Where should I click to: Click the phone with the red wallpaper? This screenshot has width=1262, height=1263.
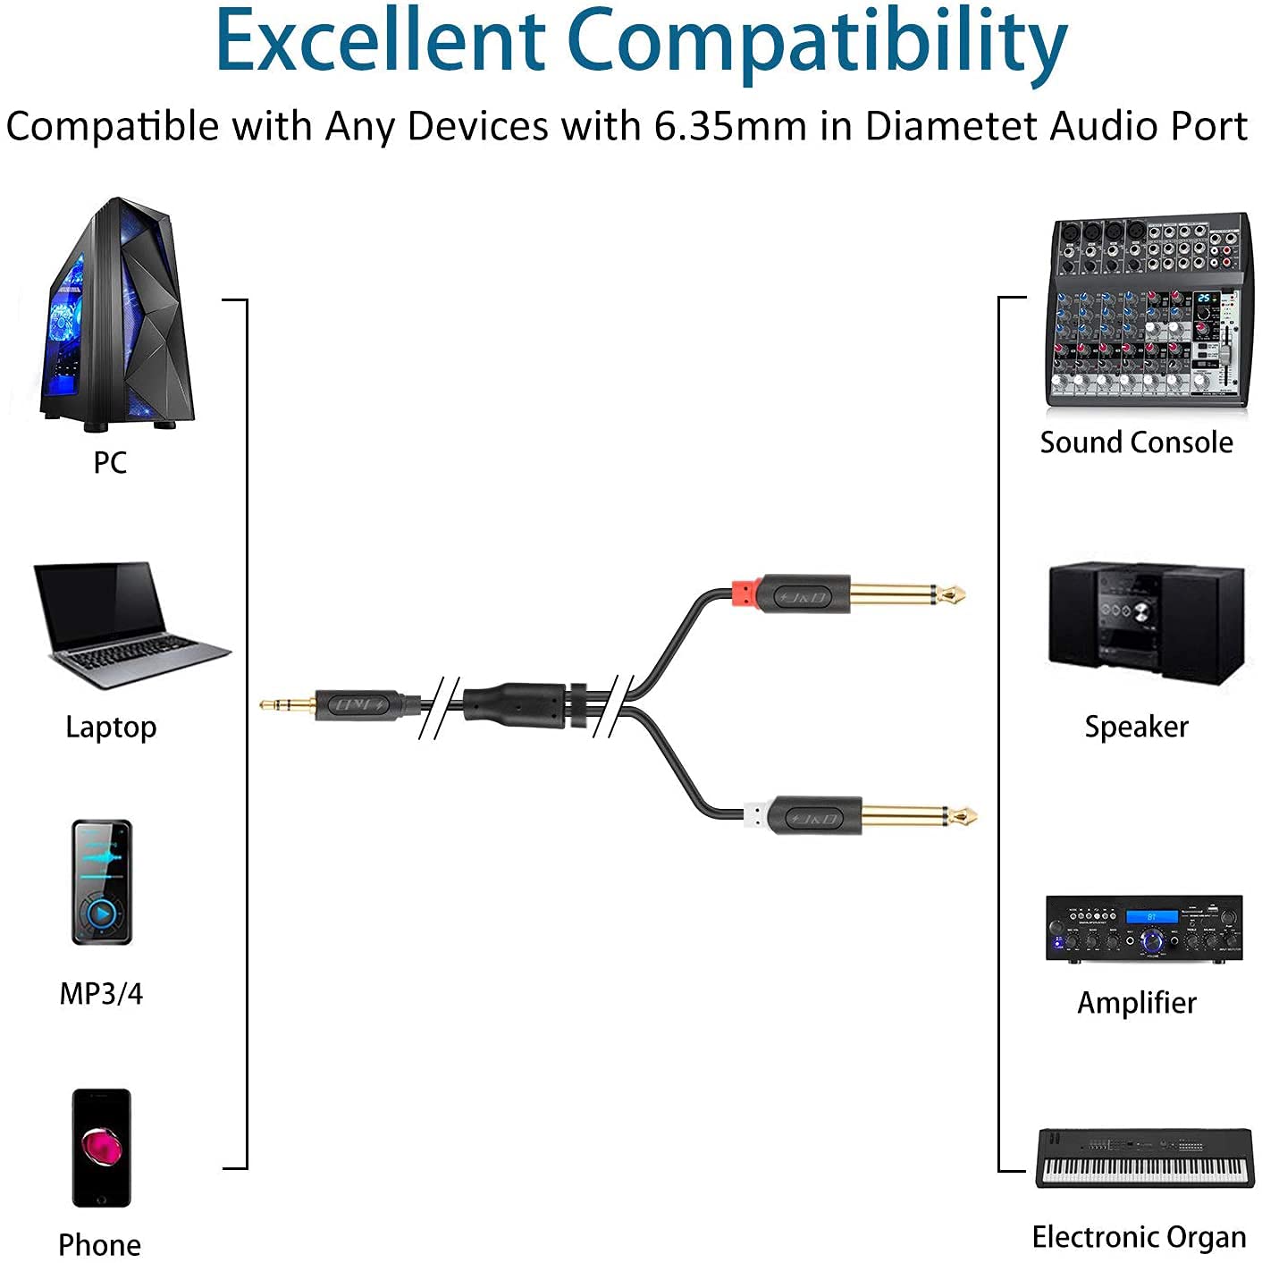pos(101,1148)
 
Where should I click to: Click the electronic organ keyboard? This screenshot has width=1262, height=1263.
pos(1145,1158)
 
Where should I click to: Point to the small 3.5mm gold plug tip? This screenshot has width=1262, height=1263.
pos(286,704)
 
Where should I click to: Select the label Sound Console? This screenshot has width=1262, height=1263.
pos(1136,442)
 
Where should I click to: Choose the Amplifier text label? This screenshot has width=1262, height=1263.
pos(1136,1003)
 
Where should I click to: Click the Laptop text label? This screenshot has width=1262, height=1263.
pos(111,727)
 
